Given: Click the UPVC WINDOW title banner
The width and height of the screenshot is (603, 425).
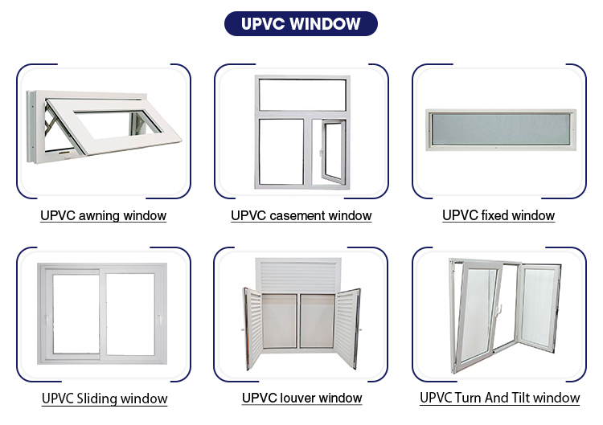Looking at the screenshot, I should coord(301,23).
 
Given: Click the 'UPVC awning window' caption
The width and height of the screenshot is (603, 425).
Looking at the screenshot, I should coord(104,215).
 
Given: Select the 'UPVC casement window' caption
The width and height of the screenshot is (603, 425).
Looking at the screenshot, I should coord(301,215).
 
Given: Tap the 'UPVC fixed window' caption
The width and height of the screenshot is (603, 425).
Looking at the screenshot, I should coord(498,215).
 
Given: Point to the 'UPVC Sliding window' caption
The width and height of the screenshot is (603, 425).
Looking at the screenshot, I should coord(105,398).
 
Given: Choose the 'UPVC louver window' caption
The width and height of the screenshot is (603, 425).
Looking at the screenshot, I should coord(301,398).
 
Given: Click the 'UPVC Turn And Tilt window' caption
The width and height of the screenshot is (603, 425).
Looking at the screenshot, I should coord(499,398).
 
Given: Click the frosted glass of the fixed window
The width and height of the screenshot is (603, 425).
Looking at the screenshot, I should coord(498,129).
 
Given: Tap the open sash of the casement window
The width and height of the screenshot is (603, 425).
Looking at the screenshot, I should coord(331,152).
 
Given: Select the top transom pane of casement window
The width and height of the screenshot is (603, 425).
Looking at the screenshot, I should coord(301,95).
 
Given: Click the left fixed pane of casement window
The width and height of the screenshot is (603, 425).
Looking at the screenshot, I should coord(281,152).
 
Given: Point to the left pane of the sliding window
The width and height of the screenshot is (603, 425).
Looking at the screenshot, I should coord(75,315).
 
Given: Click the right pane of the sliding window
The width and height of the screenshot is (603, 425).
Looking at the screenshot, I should coord(133,315).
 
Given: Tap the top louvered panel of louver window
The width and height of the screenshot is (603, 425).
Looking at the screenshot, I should coord(301,273).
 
